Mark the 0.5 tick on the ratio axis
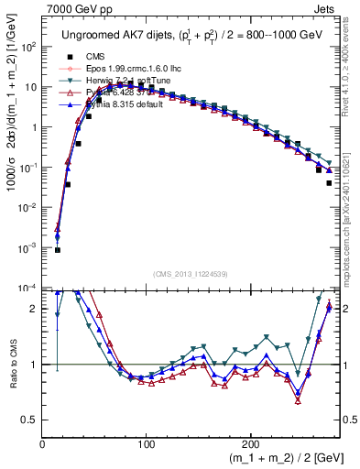tap(30, 420)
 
